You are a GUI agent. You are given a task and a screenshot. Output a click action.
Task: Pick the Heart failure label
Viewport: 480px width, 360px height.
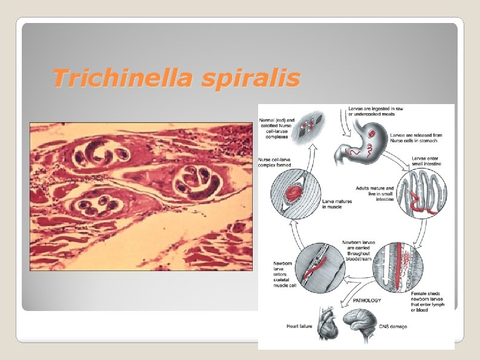pos(300,327)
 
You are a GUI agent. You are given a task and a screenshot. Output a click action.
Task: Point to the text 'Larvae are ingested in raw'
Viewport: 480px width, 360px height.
pos(375,110)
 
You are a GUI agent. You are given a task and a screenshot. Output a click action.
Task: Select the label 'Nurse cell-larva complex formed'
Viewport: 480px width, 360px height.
pos(275,162)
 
